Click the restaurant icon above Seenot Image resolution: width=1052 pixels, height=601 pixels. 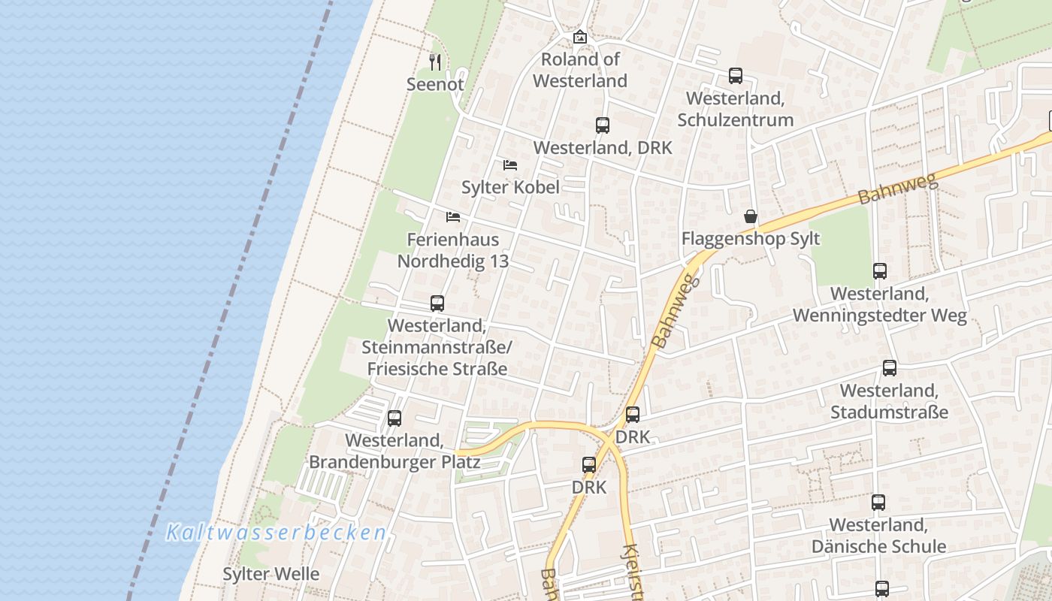click(x=434, y=61)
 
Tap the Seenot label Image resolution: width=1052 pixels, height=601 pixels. click(x=435, y=84)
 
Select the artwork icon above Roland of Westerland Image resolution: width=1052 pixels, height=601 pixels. click(x=580, y=37)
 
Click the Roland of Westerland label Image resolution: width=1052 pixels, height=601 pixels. click(x=580, y=70)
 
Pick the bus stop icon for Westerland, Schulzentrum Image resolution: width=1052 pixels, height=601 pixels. click(x=736, y=76)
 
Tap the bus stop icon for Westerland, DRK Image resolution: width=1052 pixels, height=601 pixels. click(x=603, y=125)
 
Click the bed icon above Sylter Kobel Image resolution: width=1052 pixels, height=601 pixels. click(x=510, y=165)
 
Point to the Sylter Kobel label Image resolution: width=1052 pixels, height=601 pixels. click(x=510, y=187)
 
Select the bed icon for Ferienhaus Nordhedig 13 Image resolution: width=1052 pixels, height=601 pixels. click(x=453, y=217)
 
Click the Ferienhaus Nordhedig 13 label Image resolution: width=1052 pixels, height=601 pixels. click(x=453, y=250)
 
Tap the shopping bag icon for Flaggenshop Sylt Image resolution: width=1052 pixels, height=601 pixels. click(x=751, y=217)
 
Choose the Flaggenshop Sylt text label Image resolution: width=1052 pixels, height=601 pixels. click(x=751, y=239)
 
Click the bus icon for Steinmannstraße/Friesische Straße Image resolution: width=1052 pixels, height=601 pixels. click(x=437, y=304)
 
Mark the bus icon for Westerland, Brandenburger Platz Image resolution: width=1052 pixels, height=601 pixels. click(x=394, y=418)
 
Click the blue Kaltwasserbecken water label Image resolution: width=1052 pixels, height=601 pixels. click(x=276, y=533)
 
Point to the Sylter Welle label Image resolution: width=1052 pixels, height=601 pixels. click(x=271, y=574)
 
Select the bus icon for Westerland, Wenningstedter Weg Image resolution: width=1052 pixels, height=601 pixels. click(x=880, y=271)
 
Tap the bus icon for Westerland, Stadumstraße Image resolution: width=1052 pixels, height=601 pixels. click(x=890, y=368)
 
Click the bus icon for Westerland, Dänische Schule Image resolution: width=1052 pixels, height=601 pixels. click(x=878, y=502)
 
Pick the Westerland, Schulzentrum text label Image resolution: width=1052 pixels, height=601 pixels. click(x=736, y=109)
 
